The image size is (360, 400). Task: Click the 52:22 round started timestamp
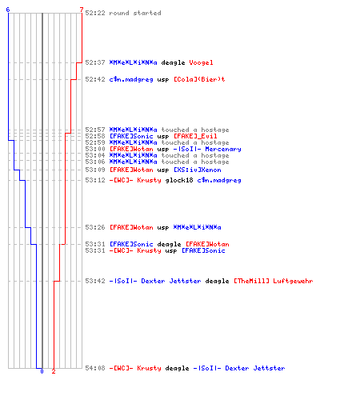coord(95,13)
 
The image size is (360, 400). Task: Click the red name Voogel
coord(201,62)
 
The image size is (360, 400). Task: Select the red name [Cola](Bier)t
coord(199,79)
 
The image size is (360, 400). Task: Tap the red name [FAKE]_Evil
coord(195,136)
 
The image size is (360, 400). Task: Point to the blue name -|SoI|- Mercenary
coord(207,149)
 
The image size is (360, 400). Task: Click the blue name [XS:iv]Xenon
coord(198,170)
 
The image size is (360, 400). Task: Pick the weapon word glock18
coord(179,180)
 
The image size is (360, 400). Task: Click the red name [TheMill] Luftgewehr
coord(274,281)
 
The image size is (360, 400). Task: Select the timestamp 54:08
coord(95,368)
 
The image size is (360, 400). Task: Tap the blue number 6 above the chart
coord(8,10)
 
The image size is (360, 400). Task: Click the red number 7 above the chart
coord(82,10)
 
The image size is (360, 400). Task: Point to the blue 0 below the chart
coord(42,371)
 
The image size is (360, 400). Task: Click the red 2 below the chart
coord(54,371)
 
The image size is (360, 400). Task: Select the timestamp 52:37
coord(95,62)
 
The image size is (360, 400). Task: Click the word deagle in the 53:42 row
coord(217,281)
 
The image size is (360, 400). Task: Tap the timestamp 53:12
coord(95,180)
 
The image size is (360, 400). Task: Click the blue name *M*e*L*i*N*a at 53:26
coord(198,227)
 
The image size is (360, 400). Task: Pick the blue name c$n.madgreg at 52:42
coord(131,79)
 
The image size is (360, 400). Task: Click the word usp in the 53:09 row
coord(163,170)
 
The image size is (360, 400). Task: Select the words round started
coord(135,13)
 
